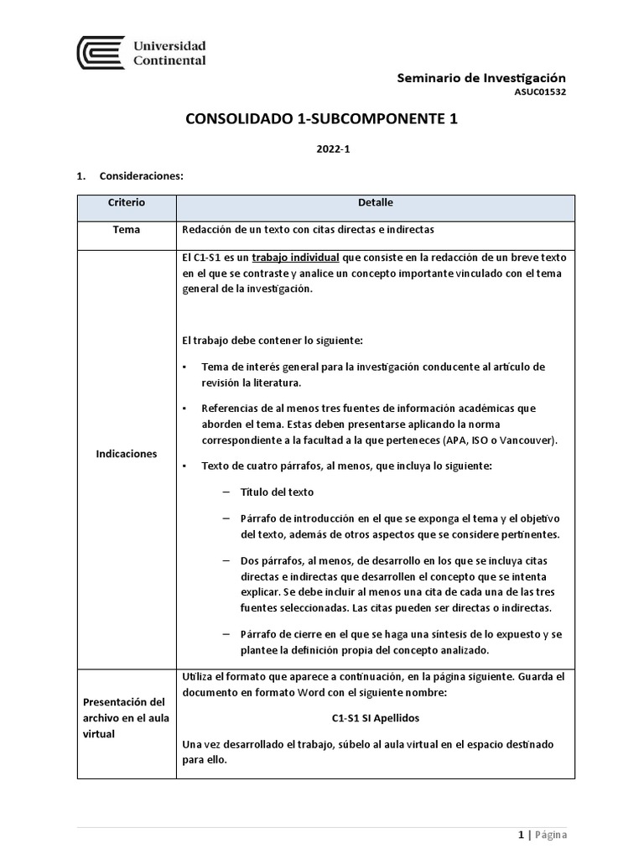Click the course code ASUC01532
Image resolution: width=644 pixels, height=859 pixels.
[x=541, y=92]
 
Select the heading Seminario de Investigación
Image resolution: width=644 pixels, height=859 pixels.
[x=481, y=77]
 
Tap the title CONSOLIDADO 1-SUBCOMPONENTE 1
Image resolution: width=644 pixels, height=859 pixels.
[x=321, y=120]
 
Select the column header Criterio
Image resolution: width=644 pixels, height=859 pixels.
[x=127, y=203]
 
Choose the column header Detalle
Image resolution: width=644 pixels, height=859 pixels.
[x=375, y=203]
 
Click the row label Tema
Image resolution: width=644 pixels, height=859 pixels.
[x=127, y=230]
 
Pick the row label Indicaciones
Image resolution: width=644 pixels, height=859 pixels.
[x=127, y=453]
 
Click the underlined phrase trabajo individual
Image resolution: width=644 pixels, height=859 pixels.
[x=295, y=258]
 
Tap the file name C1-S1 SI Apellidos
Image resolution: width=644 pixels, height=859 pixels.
[x=375, y=719]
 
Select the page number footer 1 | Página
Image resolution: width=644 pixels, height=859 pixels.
[x=542, y=835]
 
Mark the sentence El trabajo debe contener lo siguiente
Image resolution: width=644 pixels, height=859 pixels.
[x=272, y=341]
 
